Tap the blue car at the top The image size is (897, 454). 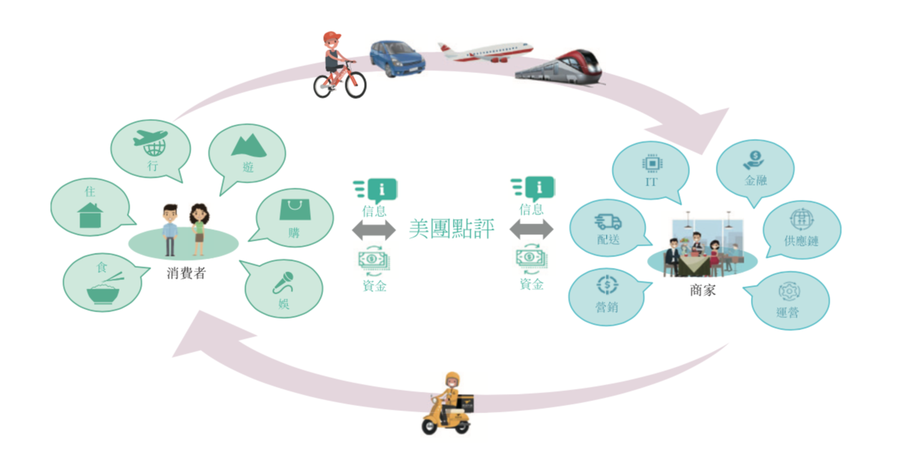coord(397,58)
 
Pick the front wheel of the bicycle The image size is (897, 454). coord(351,84)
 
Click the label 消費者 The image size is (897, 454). coord(186,273)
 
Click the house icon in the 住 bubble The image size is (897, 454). coord(90,214)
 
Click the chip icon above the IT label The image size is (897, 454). coord(651,163)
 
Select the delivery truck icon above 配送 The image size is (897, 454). coord(608,223)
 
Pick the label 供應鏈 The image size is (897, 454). coord(801,241)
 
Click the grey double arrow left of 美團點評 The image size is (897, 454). coord(374,230)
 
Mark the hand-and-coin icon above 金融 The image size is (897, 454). coord(755,158)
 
